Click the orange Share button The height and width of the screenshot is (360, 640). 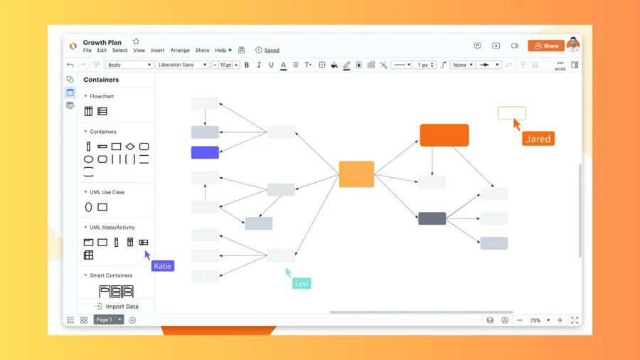(x=545, y=46)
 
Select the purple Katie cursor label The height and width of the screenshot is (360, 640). (x=162, y=266)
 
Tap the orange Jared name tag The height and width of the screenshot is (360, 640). (x=538, y=139)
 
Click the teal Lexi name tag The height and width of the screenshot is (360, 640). (x=302, y=283)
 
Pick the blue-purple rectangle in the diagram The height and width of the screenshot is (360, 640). (x=205, y=152)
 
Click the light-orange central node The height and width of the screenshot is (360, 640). (x=356, y=174)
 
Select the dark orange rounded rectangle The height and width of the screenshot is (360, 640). (x=444, y=135)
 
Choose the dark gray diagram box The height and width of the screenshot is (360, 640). (x=432, y=218)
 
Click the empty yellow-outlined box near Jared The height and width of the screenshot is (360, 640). (x=511, y=112)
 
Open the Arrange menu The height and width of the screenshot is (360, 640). (x=180, y=51)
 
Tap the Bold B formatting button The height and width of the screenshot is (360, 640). (x=247, y=65)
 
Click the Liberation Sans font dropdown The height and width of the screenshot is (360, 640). (x=182, y=65)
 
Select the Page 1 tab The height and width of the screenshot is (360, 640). (x=105, y=320)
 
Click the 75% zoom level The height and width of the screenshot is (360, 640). (x=535, y=320)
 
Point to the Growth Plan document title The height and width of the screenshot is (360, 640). (x=102, y=42)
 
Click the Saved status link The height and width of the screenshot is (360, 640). (x=272, y=51)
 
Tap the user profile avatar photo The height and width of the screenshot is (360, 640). (x=573, y=45)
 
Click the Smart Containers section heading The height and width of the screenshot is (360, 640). (x=110, y=275)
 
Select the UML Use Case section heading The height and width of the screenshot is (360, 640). (x=107, y=192)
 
